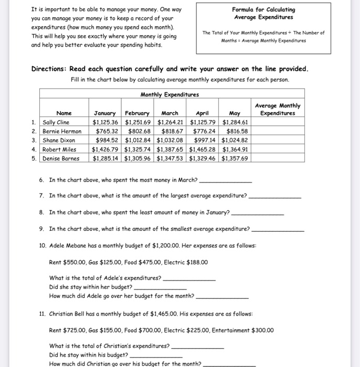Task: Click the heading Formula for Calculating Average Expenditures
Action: (x=263, y=13)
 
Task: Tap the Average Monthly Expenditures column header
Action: (x=278, y=110)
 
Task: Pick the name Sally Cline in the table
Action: (x=56, y=123)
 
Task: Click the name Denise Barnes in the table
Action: (x=61, y=158)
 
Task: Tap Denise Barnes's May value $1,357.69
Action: (x=235, y=158)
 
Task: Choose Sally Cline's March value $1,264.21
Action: (x=171, y=123)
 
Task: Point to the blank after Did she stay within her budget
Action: (x=161, y=289)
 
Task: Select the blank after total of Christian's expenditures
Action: (x=198, y=348)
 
